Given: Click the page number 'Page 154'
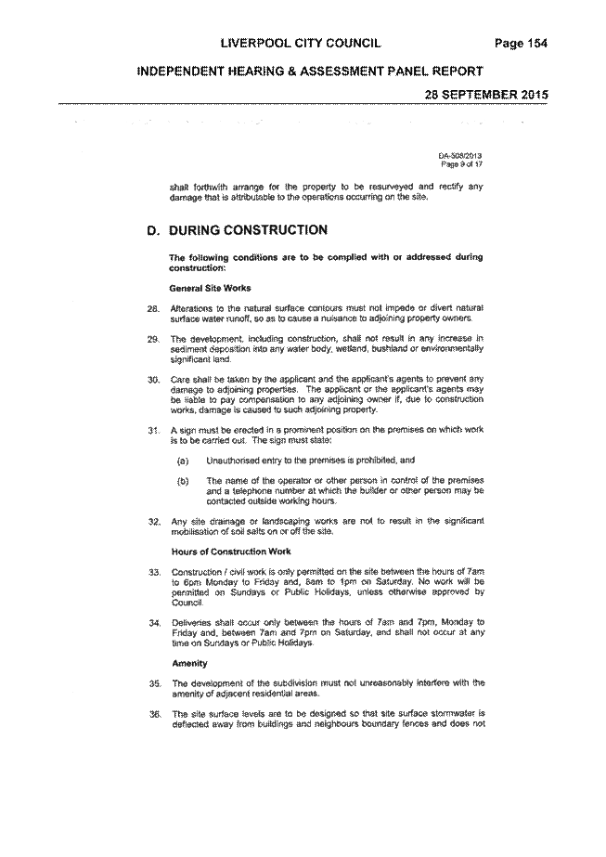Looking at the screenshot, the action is pyautogui.click(x=521, y=44).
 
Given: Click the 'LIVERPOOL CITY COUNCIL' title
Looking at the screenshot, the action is pyautogui.click(x=301, y=44).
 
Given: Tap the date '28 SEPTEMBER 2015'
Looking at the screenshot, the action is pyautogui.click(x=486, y=94).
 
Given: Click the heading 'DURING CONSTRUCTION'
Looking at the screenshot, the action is pyautogui.click(x=248, y=230).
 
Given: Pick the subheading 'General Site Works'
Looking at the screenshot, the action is pyautogui.click(x=211, y=288).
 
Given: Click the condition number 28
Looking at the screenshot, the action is pyautogui.click(x=153, y=309).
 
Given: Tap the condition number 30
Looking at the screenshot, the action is pyautogui.click(x=153, y=380).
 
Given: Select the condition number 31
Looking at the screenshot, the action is pyautogui.click(x=153, y=430).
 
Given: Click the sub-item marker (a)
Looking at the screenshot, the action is pyautogui.click(x=183, y=461).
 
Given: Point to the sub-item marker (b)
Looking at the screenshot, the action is pyautogui.click(x=183, y=482).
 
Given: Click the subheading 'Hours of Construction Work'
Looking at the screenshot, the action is pyautogui.click(x=231, y=552).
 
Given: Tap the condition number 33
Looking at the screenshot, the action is pyautogui.click(x=154, y=572).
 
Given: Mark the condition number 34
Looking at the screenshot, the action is pyautogui.click(x=154, y=622).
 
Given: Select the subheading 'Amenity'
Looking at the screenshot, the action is pyautogui.click(x=189, y=664).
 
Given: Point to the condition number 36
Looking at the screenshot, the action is pyautogui.click(x=154, y=714).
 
